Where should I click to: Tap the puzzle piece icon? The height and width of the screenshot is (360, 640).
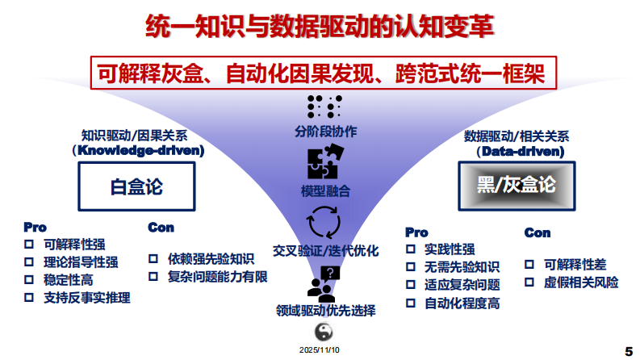[326, 161]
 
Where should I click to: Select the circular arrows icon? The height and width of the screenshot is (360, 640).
[325, 222]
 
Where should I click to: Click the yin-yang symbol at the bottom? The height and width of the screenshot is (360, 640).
[324, 332]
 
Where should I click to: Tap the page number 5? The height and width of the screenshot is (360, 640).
[628, 351]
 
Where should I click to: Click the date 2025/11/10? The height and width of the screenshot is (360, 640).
[320, 350]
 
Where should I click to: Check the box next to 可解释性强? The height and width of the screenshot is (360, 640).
[29, 244]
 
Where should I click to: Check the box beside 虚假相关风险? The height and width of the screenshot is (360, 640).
[529, 283]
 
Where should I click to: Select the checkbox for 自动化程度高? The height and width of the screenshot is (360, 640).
[410, 303]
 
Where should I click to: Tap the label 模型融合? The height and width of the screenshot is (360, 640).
[325, 191]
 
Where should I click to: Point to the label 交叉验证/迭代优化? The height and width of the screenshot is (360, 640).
[325, 251]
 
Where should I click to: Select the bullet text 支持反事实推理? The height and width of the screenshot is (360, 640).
[87, 298]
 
